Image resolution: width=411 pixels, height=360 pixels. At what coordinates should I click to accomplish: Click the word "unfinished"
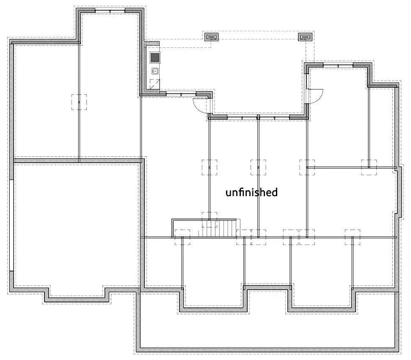251,192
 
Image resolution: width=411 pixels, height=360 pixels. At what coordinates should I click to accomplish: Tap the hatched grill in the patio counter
155,57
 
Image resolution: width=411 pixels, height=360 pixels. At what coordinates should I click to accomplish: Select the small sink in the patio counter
155,71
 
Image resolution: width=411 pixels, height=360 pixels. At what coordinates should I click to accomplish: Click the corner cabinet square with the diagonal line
154,83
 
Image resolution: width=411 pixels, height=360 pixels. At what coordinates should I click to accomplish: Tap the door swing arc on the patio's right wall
315,96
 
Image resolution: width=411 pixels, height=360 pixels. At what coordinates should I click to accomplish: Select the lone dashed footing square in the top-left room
79,102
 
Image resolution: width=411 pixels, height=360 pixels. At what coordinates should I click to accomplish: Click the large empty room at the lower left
76,224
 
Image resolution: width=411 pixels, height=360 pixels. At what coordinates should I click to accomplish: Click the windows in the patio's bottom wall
258,117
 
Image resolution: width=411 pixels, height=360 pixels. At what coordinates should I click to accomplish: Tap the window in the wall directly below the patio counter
180,93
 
